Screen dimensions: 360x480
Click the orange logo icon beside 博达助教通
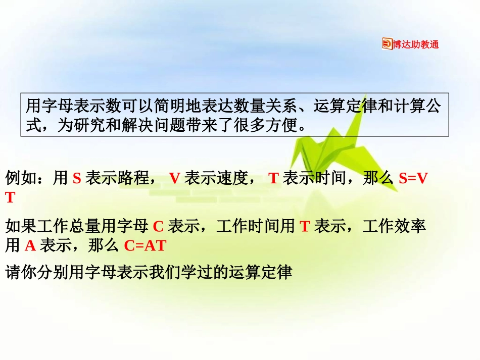[x=387, y=44]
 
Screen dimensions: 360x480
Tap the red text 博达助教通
[x=416, y=44]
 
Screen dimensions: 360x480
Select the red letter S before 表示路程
[x=77, y=178]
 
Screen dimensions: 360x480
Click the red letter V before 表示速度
[x=175, y=178]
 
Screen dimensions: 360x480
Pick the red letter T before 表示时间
[x=273, y=178]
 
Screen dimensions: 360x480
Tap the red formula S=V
[x=413, y=178]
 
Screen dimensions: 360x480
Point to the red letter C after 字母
[x=158, y=226]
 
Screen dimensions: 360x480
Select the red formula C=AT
[x=145, y=246]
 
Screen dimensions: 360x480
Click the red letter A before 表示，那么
[x=30, y=246]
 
